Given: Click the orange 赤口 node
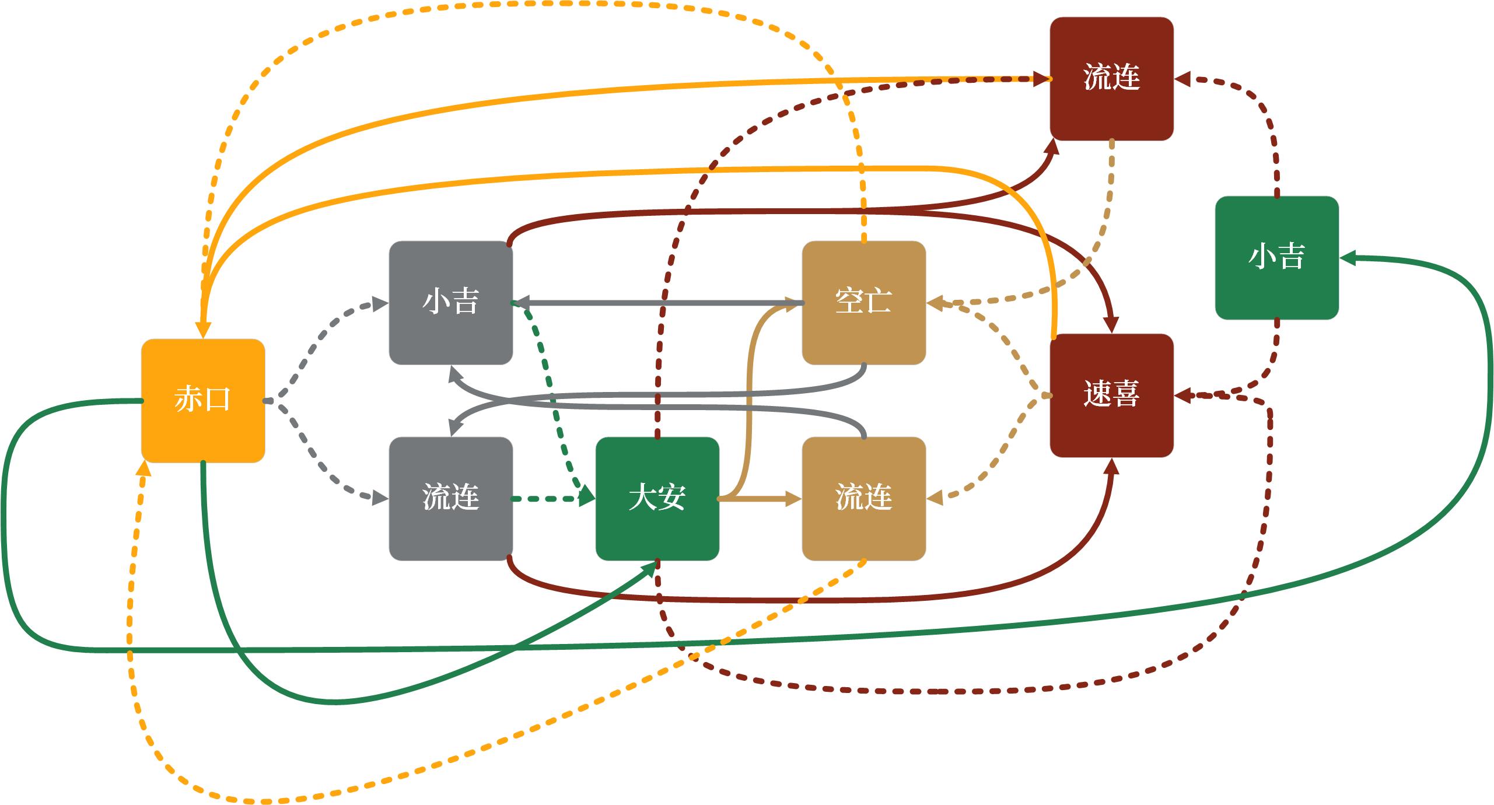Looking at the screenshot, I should [x=203, y=400].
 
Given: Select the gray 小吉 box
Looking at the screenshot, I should [x=450, y=302].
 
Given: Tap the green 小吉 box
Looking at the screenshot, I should [x=1276, y=257].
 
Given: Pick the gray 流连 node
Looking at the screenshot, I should [x=450, y=498].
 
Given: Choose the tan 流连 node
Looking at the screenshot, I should [x=863, y=498].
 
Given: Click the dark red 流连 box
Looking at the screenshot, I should [x=1111, y=78].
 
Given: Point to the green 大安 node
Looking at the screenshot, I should [x=657, y=498].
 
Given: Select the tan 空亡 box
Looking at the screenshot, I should [x=863, y=302].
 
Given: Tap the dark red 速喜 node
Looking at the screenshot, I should [x=1111, y=395].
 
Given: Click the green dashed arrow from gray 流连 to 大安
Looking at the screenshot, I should [x=548, y=499].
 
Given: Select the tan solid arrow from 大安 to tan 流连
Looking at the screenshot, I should [x=758, y=499].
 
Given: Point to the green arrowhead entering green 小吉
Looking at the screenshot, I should [x=1348, y=258].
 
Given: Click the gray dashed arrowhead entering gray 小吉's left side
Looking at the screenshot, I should [x=381, y=303].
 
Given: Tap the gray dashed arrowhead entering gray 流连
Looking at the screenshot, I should [x=381, y=498].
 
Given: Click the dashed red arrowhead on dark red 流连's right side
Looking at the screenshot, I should [x=1182, y=79].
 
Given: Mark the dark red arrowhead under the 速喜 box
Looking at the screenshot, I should [x=1112, y=467].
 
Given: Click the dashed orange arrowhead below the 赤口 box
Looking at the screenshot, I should [x=144, y=470].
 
